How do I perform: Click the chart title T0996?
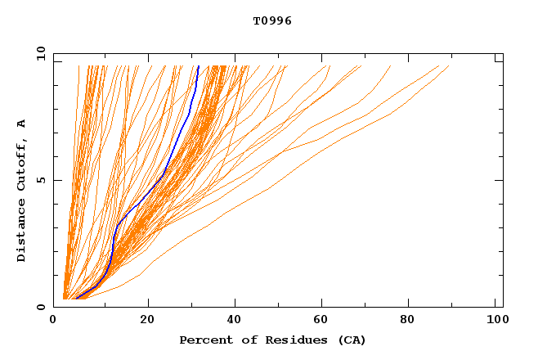point(272,21)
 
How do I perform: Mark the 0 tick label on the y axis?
point(40,308)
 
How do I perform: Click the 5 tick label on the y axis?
point(40,180)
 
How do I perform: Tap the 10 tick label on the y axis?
point(40,53)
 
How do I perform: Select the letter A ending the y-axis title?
point(21,124)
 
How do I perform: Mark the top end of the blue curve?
point(199,66)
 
